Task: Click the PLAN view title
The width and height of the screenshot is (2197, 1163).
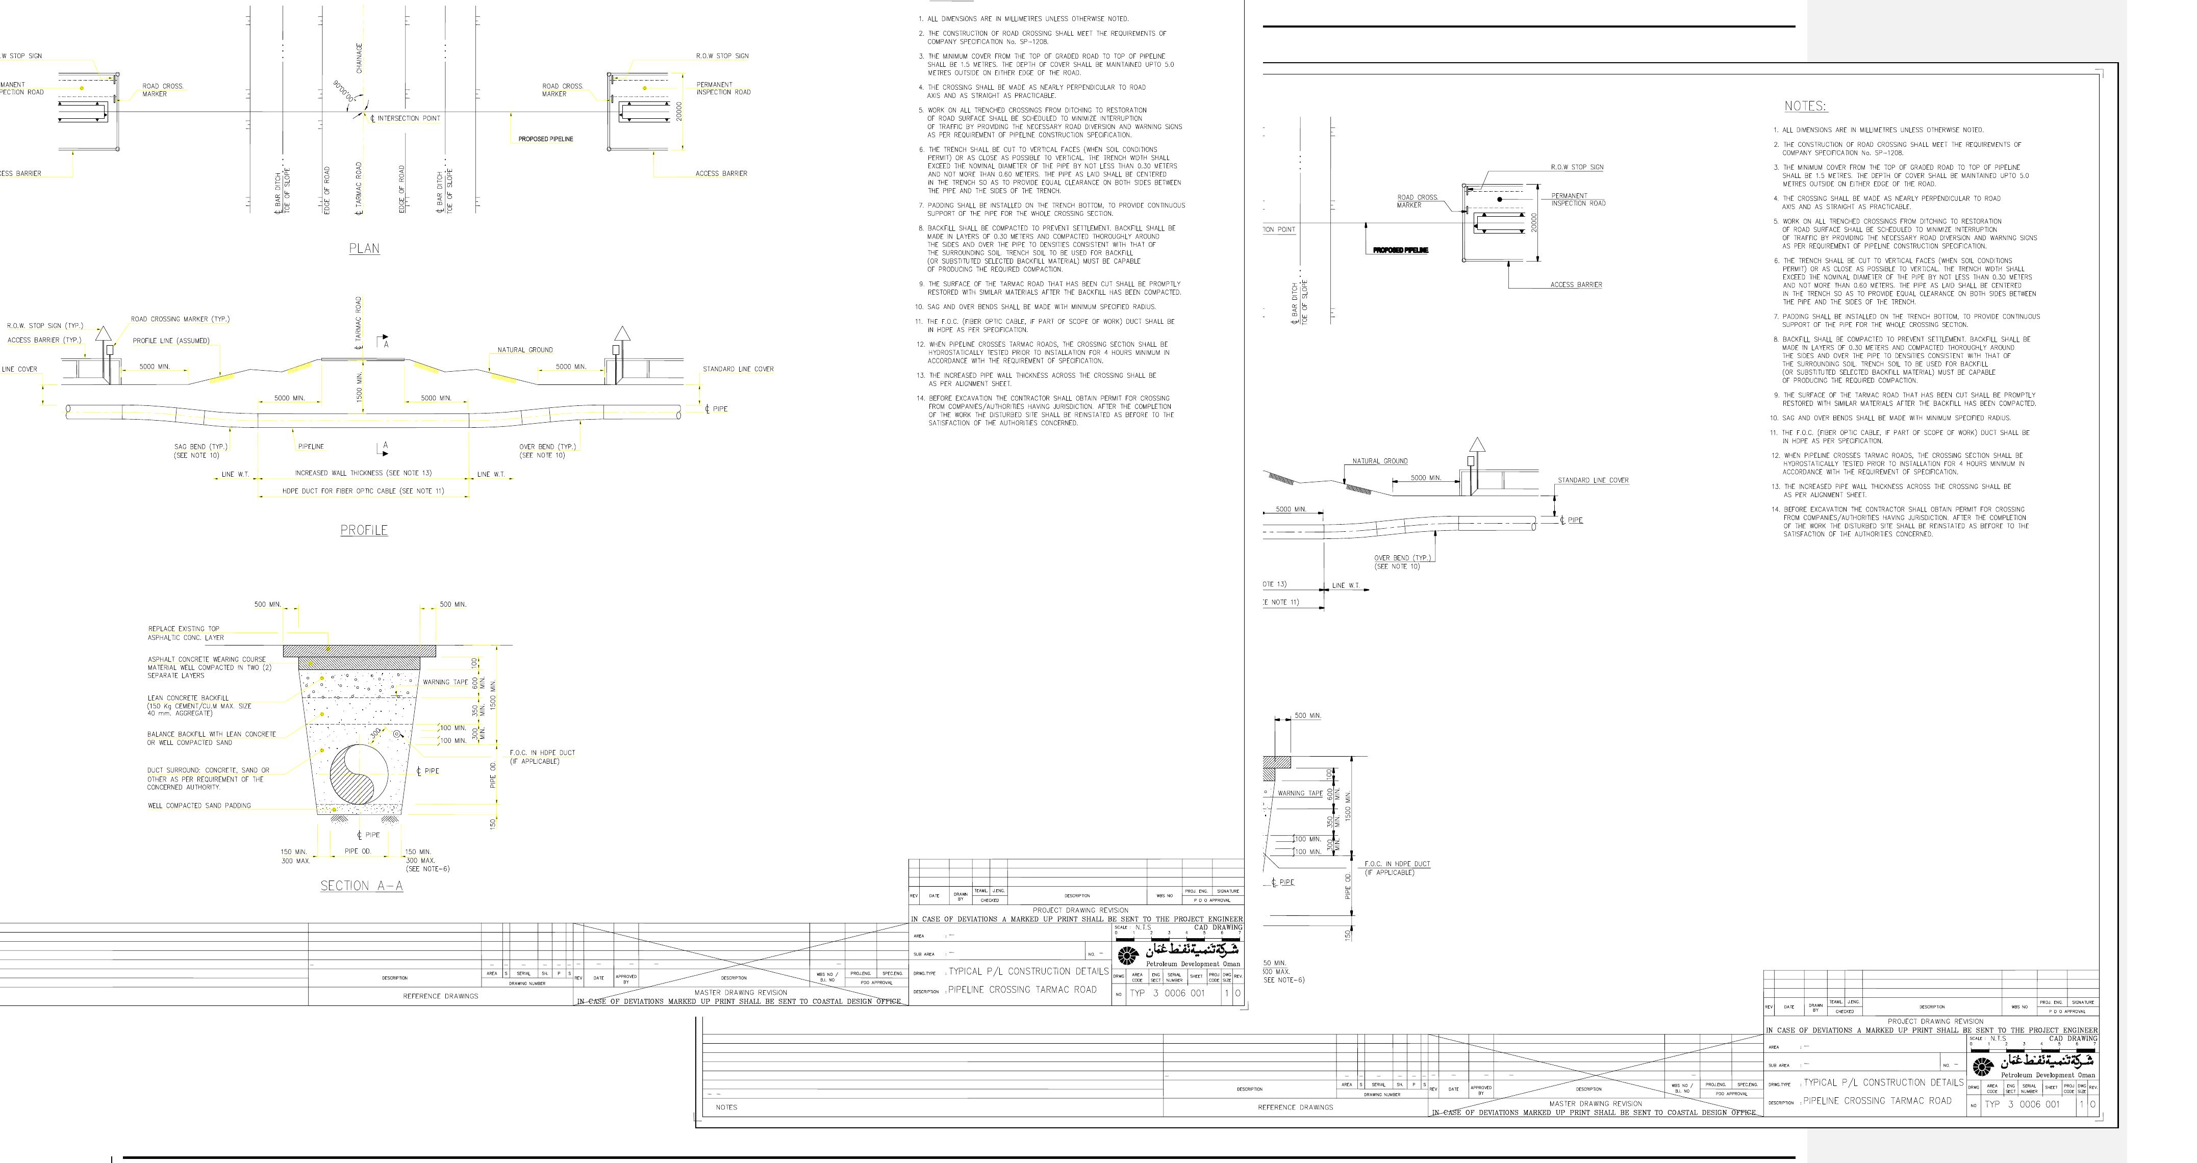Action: pos(364,249)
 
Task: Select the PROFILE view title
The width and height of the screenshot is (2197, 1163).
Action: pos(364,530)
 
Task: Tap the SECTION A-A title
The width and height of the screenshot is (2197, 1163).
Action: pos(362,886)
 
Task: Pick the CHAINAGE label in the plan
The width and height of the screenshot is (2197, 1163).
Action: pos(359,58)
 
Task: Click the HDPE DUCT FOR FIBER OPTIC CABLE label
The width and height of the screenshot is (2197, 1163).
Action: pos(363,491)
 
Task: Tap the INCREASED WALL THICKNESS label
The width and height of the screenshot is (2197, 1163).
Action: pos(363,473)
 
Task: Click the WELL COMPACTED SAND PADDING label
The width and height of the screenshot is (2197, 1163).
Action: pos(199,806)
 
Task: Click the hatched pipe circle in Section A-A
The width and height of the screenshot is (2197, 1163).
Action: pos(359,774)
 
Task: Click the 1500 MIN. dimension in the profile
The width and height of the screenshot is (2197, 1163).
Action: pos(359,387)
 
